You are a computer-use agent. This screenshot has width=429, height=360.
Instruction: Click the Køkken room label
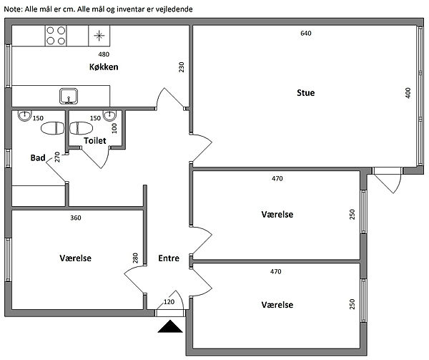pos(104,67)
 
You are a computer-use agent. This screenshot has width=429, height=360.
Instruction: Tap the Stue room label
pos(306,93)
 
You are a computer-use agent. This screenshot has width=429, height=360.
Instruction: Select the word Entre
pos(169,259)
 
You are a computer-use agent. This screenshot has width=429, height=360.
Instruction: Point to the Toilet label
pos(95,141)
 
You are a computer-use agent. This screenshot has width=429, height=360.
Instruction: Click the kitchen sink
pos(69,95)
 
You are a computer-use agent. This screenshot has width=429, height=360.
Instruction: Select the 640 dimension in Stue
pos(306,34)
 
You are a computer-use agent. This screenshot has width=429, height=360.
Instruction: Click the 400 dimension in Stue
pos(408,93)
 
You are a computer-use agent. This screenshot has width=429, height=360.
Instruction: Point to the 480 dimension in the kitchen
pos(104,55)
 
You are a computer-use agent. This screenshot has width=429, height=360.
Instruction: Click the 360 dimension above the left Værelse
pos(75,218)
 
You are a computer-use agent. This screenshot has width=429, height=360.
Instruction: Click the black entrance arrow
pos(170,327)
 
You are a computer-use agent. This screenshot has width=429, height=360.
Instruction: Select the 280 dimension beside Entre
pos(135,258)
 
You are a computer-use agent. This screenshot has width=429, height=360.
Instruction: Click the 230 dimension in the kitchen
pos(182,67)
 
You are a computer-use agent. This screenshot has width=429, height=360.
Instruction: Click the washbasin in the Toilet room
pos(110,115)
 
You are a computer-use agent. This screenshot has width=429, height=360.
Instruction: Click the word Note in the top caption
pos(12,8)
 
